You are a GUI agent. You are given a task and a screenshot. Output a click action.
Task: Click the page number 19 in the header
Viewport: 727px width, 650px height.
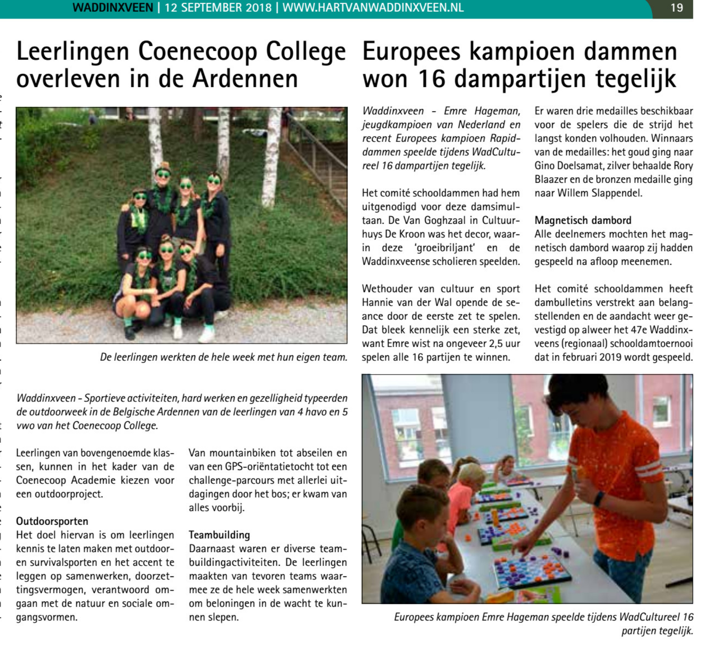click(677, 8)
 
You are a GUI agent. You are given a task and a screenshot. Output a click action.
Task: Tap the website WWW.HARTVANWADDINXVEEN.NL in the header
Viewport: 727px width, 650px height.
click(373, 8)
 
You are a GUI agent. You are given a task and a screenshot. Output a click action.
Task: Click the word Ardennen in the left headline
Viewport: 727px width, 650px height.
click(245, 79)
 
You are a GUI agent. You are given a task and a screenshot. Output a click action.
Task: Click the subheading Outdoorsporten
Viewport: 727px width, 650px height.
click(52, 521)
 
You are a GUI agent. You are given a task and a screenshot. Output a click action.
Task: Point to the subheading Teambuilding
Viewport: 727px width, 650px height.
click(219, 535)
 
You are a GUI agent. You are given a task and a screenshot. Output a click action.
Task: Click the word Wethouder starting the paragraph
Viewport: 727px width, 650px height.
click(387, 289)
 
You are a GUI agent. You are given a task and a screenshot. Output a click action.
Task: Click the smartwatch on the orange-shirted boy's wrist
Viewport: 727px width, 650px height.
click(599, 498)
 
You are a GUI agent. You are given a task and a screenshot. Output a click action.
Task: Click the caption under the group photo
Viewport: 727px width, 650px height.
click(223, 357)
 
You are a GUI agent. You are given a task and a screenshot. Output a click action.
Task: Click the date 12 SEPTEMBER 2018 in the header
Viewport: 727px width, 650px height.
click(218, 8)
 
